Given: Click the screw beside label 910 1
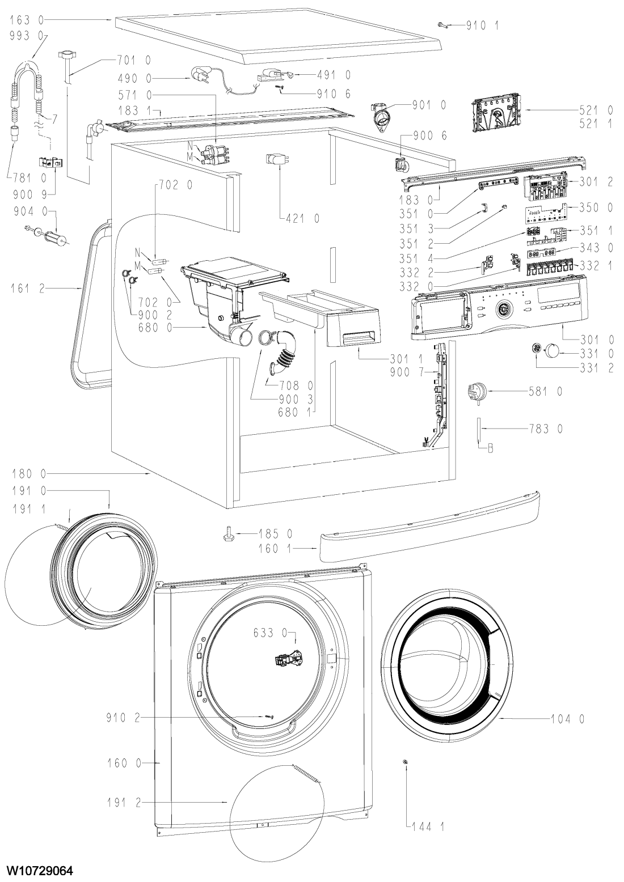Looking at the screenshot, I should click(x=442, y=24).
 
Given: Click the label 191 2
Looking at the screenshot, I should click(x=123, y=803).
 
